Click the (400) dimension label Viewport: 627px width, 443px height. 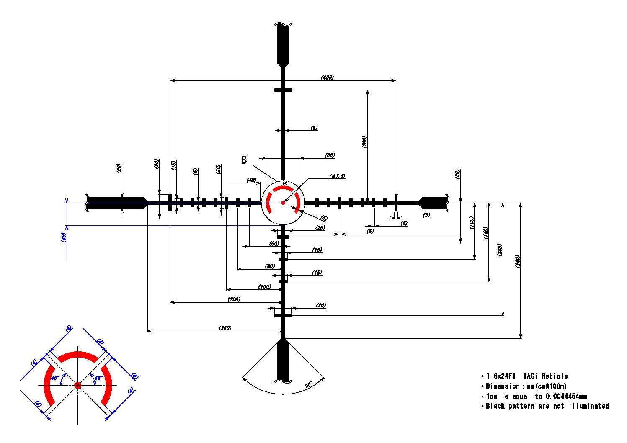tap(327, 77)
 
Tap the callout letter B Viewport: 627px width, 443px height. tap(244, 160)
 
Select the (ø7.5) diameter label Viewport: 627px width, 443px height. tap(337, 176)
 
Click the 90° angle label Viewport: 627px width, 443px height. tap(308, 384)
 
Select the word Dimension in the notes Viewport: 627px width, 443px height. tap(502, 386)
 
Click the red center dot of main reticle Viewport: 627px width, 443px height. tap(283, 203)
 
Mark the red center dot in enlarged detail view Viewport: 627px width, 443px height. tap(77, 385)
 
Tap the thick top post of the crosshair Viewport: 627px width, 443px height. tap(283, 44)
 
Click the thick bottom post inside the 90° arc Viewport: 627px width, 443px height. tap(283, 360)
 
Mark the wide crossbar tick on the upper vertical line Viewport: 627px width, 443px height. tap(283, 90)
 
